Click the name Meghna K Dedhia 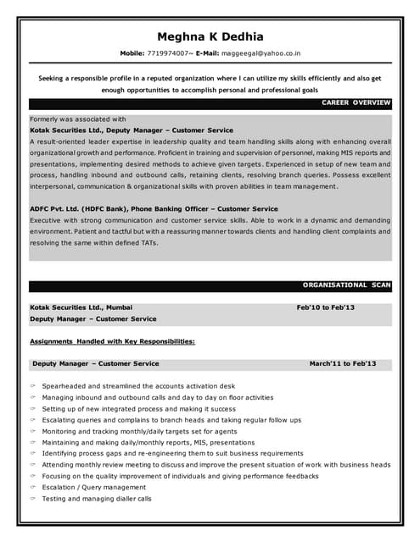(x=210, y=36)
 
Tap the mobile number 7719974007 (x=170, y=53)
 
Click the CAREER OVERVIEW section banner (x=356, y=102)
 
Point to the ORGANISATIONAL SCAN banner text (x=346, y=285)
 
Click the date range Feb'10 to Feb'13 (x=325, y=307)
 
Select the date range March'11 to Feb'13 (x=342, y=363)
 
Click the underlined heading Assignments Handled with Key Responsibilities (x=113, y=341)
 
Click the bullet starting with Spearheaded (x=138, y=386)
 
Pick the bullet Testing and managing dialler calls (x=96, y=499)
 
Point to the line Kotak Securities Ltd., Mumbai (x=81, y=307)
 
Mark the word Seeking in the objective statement (x=54, y=78)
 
